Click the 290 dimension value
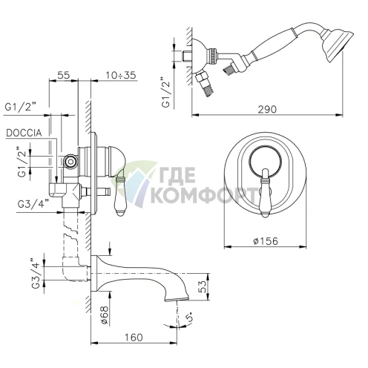tap(267, 109)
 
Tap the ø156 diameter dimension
tap(266, 240)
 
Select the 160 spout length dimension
tap(134, 337)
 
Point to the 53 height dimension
tap(203, 286)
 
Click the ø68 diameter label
tap(104, 315)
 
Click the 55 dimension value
tap(64, 75)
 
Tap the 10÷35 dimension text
tap(121, 75)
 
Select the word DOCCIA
tap(24, 133)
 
